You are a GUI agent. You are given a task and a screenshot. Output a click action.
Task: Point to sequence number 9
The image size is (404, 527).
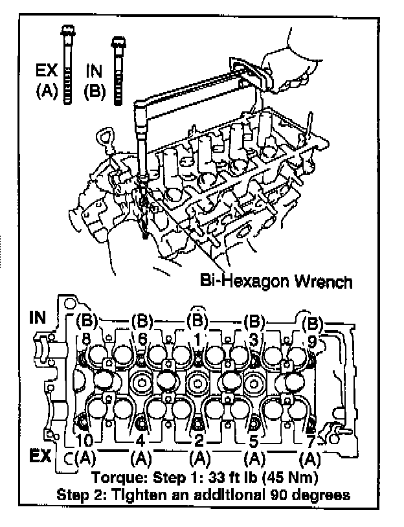pos(311,339)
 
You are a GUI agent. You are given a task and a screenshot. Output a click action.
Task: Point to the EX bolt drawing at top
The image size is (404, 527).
pos(67,65)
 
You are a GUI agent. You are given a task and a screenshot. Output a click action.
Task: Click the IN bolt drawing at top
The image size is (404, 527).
pos(118,70)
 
